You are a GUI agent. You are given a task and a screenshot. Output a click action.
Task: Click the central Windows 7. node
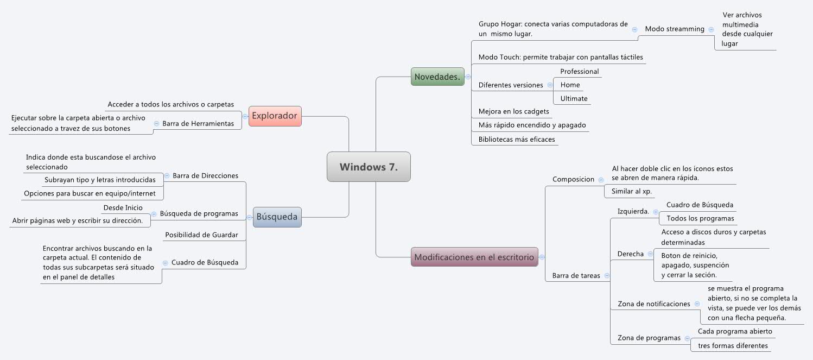[x=369, y=167]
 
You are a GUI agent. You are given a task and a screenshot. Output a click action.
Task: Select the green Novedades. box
[x=437, y=77]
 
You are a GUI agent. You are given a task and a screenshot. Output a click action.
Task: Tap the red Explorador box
[x=275, y=116]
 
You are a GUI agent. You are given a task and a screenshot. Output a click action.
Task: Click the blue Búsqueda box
[x=277, y=217]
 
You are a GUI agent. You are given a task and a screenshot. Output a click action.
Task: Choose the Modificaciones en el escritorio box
[x=474, y=257]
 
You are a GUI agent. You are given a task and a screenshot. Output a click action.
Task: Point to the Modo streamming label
[x=674, y=29]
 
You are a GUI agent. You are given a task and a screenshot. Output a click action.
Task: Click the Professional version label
[x=579, y=72]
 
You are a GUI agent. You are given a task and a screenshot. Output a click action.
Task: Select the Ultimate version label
[x=574, y=99]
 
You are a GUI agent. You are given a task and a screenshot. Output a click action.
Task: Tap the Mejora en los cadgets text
[x=513, y=112]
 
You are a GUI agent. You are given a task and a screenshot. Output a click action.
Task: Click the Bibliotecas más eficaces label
[x=516, y=140]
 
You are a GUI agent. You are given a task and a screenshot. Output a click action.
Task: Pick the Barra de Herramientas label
[x=198, y=124]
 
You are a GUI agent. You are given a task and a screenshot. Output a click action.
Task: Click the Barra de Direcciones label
[x=205, y=176]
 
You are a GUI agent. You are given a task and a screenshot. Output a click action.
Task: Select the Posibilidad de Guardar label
[x=201, y=235]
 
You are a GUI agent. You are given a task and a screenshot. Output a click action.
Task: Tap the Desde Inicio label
[x=123, y=208]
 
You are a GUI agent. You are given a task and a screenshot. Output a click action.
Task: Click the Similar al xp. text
[x=632, y=192]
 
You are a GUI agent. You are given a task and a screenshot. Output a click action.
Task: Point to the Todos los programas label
[x=700, y=218]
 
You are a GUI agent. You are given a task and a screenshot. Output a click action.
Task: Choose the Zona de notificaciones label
[x=653, y=304]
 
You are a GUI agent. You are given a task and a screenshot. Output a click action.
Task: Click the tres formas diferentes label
[x=733, y=346]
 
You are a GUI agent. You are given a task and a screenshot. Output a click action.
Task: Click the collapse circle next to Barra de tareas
[x=607, y=276]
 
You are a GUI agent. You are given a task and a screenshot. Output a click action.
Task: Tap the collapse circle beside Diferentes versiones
[x=550, y=85]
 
